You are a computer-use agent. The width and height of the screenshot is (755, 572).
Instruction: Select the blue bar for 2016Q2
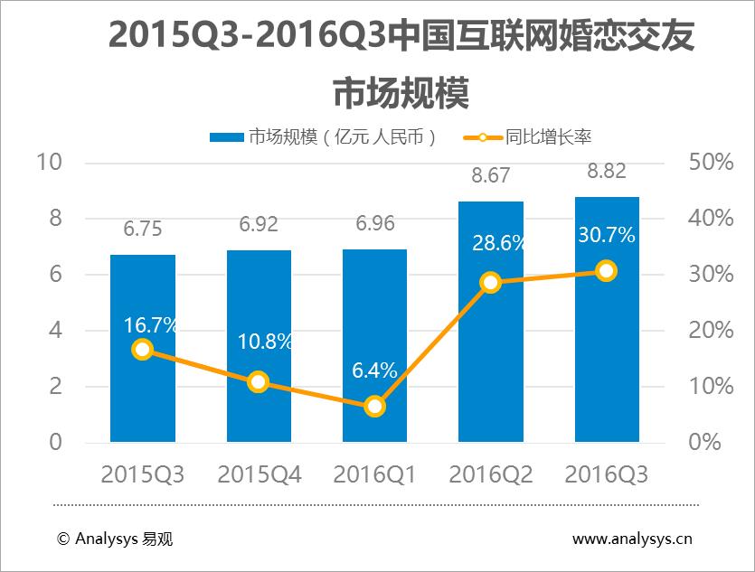coord(490,361)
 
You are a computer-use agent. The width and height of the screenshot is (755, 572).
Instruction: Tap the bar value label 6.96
coord(374,224)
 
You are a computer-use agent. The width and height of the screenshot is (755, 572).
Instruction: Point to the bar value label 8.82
coord(606,173)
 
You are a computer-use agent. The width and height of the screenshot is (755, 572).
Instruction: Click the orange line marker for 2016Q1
coord(374,407)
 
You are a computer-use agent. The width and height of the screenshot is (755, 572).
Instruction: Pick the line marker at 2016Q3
coord(606,270)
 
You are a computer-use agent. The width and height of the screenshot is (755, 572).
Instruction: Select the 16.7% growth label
coord(142,325)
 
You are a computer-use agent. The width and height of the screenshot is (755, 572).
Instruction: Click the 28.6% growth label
coord(490,243)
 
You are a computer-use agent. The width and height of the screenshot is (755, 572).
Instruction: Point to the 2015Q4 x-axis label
coord(259,474)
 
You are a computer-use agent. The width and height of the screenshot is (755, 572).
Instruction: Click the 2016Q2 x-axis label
coord(490,474)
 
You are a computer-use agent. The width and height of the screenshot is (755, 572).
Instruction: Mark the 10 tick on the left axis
coord(49,163)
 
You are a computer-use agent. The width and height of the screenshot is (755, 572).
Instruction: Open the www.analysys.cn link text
coord(632,539)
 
